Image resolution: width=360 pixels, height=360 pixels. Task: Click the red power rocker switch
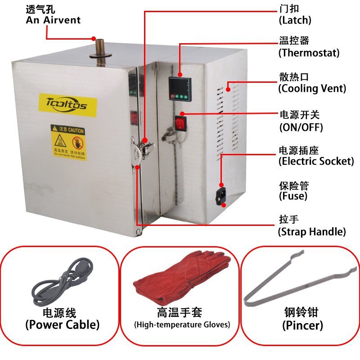pos(181,122)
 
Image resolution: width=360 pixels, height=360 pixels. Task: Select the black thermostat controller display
pos(180,88)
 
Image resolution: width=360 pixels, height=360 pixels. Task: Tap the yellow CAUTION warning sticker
pos(67,142)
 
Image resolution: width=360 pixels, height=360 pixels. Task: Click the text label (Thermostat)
pos(309,53)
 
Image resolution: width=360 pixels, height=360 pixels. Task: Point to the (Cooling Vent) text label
pos(312,88)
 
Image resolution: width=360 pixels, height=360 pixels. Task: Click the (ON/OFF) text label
pos(301,127)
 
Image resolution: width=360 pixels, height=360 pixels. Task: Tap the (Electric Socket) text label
pos(316,161)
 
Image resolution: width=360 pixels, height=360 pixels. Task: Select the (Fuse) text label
pos(293,196)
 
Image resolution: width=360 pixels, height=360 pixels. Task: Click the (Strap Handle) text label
pos(312,232)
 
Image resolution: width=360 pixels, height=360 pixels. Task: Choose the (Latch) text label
pos(295,20)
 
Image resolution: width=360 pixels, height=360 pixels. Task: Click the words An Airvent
pos(53,20)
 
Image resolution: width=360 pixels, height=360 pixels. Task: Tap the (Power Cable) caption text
pos(62,324)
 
